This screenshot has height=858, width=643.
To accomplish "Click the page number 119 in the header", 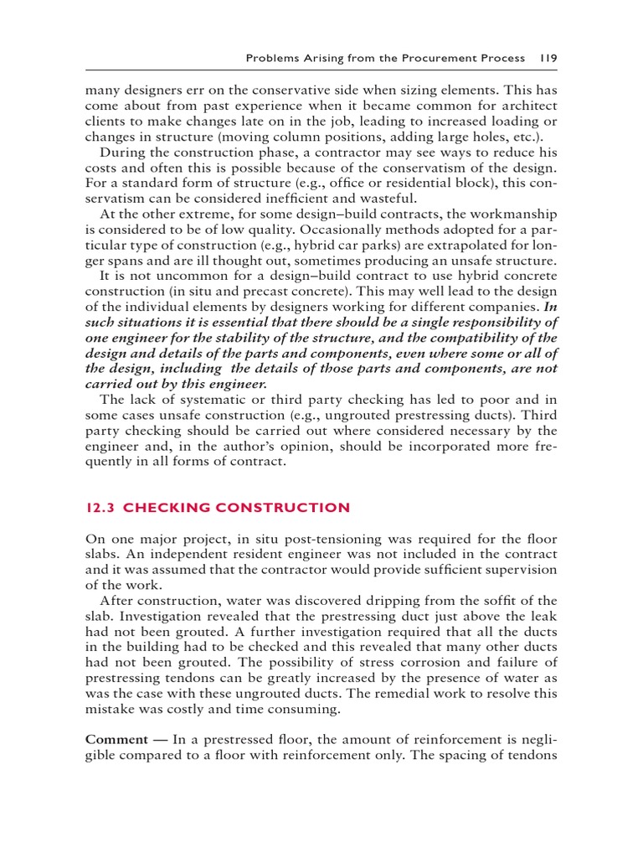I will (x=548, y=59).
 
